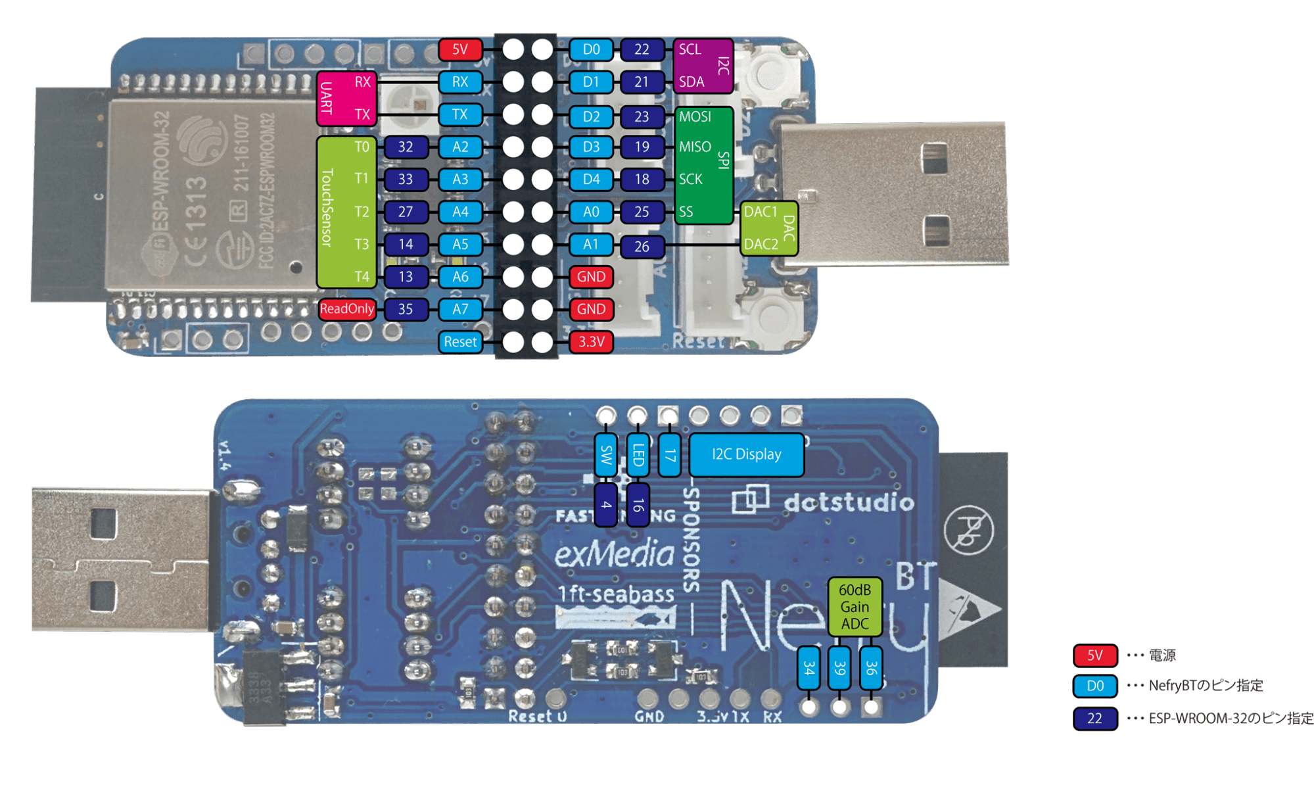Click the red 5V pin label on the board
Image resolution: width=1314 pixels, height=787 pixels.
(460, 49)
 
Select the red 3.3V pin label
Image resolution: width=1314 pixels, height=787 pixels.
(591, 342)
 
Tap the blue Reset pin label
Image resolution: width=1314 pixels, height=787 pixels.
(460, 342)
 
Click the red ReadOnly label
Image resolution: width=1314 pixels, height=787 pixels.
(347, 309)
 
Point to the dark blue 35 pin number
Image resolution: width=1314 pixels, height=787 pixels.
(406, 309)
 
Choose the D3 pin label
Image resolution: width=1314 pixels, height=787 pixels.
(591, 147)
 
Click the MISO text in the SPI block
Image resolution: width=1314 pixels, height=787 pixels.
(695, 147)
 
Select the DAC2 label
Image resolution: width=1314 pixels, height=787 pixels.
(761, 245)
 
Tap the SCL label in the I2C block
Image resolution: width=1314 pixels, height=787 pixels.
(690, 49)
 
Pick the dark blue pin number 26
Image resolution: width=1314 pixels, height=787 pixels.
(642, 247)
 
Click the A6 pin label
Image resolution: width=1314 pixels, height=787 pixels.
(460, 277)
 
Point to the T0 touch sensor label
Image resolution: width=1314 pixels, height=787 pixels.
(362, 147)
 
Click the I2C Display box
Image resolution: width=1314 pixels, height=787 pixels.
(746, 454)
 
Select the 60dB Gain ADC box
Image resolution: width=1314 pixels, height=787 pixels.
(855, 607)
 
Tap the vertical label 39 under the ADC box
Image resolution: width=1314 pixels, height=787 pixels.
(839, 668)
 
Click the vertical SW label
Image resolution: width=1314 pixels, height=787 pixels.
(606, 454)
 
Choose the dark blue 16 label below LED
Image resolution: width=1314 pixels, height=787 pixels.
(638, 505)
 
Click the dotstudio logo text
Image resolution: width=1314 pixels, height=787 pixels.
(849, 503)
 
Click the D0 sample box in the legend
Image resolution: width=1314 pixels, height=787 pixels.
(1095, 686)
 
